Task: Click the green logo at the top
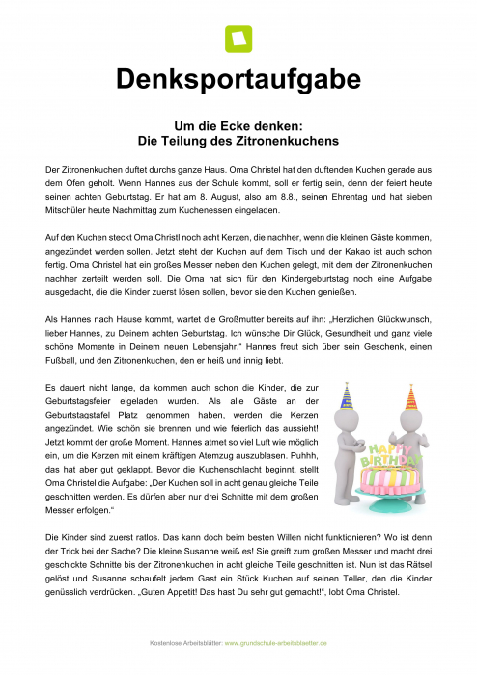(238, 39)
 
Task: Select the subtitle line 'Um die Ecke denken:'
(238, 125)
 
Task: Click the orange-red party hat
(412, 396)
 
